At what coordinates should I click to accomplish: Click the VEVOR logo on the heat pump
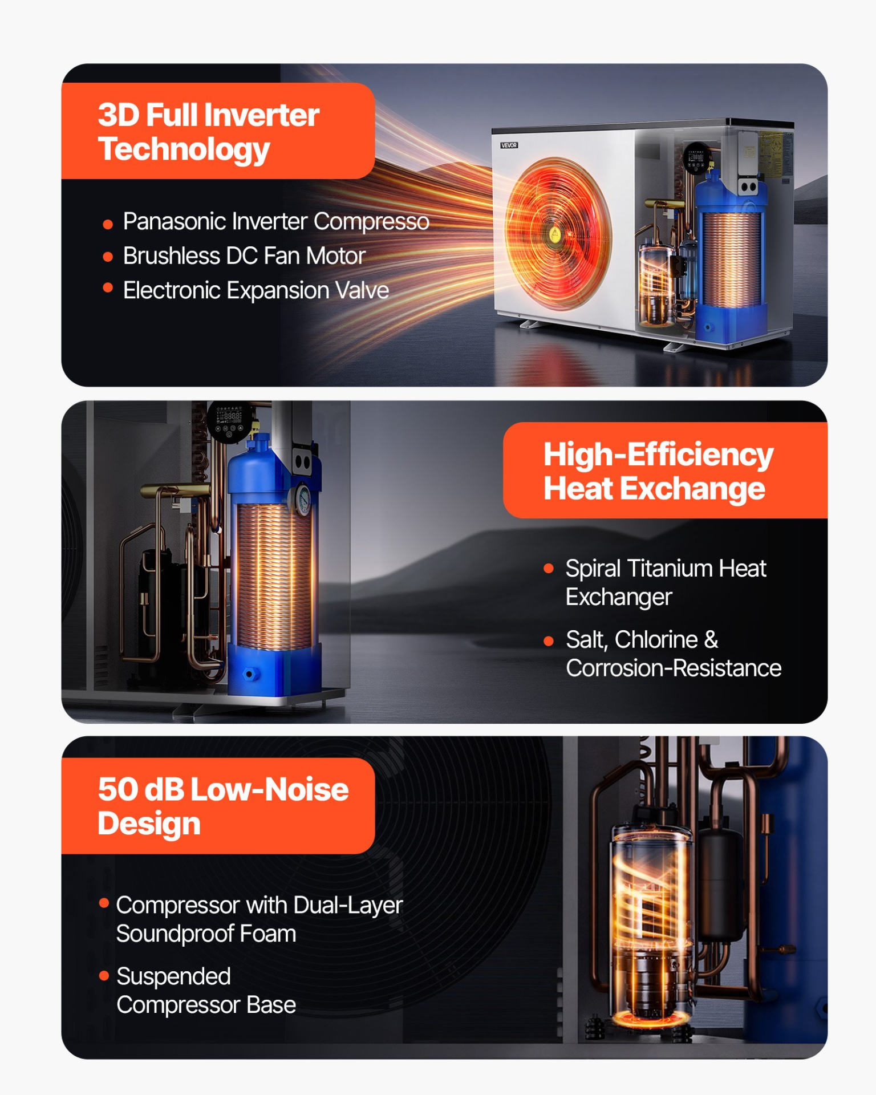(509, 145)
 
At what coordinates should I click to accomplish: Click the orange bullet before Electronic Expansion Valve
(107, 288)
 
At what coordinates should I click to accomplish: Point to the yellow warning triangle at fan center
(554, 234)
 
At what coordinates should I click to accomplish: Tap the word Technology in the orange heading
(184, 150)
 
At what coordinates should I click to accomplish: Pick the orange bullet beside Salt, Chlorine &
(549, 641)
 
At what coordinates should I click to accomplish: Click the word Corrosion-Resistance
(674, 668)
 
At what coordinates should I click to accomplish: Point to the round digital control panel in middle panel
(228, 421)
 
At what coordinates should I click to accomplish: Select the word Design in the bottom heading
(149, 824)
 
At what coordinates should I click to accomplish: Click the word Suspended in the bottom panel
(173, 977)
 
